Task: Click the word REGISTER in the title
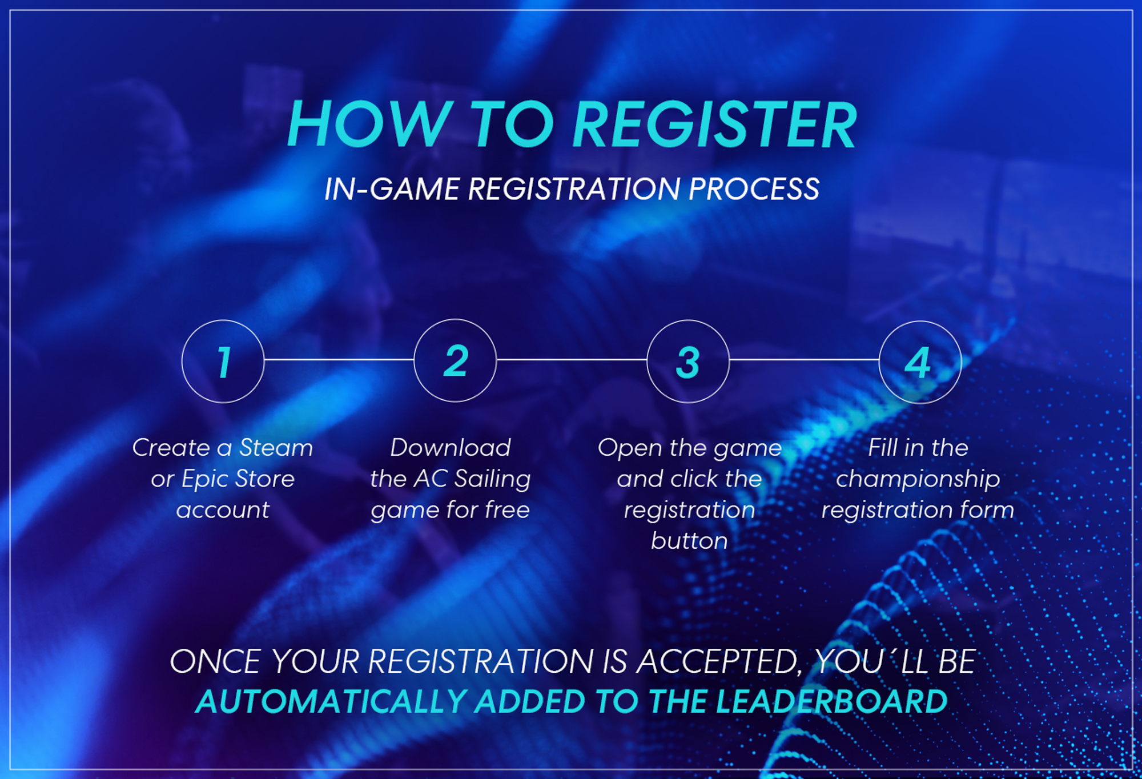(714, 125)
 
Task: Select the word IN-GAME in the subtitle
(392, 189)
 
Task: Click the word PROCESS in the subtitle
(754, 189)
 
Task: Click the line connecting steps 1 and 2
(339, 360)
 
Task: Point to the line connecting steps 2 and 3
(572, 360)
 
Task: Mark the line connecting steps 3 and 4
(804, 360)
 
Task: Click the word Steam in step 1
(276, 448)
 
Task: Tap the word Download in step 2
(451, 448)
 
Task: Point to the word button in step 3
(689, 541)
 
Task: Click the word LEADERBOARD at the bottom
(831, 701)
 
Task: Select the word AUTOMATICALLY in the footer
(332, 701)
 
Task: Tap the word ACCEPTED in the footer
(719, 661)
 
